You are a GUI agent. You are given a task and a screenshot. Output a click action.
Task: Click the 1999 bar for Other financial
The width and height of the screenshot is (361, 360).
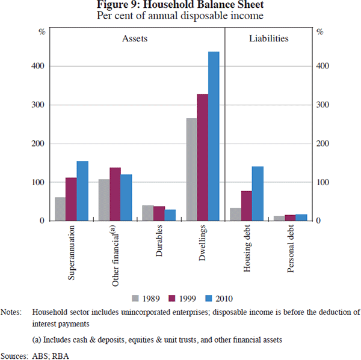tap(115, 194)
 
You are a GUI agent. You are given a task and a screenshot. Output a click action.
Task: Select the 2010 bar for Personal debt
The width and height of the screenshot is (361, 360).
tap(301, 218)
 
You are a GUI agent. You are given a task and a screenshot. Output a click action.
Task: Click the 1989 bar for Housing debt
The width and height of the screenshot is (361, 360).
tap(235, 215)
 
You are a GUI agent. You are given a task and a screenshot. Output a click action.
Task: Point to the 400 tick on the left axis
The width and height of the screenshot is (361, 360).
tap(37, 66)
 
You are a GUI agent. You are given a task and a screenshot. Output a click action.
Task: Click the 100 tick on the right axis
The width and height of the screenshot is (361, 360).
tap(324, 182)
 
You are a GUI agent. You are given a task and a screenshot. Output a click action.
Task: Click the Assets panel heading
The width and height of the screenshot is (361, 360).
tap(135, 38)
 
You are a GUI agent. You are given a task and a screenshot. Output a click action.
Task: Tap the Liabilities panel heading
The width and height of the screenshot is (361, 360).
tap(268, 38)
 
